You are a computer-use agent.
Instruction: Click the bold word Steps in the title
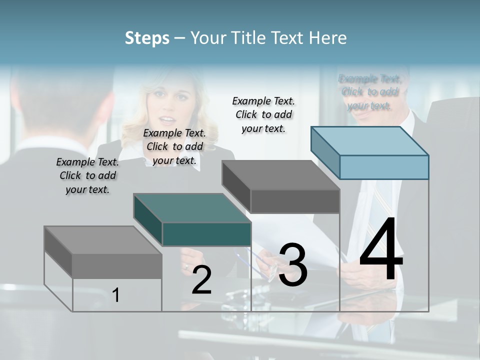147,38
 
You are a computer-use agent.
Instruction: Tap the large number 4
381,250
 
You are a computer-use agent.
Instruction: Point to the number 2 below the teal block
201,280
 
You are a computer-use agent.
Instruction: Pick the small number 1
116,295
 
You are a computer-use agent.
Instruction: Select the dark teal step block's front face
206,234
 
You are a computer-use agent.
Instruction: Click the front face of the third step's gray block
295,201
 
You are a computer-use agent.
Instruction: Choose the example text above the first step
87,175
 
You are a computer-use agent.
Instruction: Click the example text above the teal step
174,146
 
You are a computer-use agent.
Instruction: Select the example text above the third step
263,114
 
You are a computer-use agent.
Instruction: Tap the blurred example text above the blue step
369,92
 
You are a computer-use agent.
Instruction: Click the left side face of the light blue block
325,152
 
